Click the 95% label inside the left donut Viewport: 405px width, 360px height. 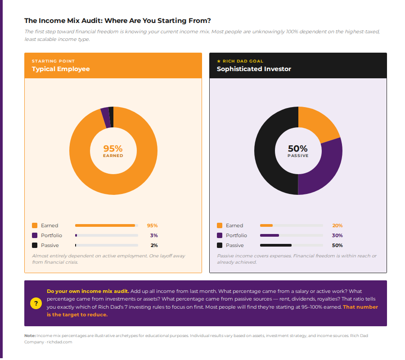113,148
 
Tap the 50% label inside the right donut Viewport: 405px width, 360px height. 298,148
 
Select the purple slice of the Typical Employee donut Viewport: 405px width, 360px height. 105,117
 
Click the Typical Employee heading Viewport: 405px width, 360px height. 61,69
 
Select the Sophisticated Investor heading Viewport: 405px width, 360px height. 254,69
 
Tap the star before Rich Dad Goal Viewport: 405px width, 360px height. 219,61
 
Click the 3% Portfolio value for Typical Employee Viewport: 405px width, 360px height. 154,235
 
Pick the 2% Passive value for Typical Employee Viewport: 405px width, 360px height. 154,245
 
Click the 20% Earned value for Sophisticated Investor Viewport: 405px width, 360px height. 337,225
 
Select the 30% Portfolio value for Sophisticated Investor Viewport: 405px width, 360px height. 337,235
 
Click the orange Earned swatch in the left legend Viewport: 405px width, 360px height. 35,225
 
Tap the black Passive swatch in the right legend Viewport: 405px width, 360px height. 220,245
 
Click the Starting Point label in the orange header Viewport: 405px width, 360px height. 53,61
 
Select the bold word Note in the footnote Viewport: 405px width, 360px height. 30,336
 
